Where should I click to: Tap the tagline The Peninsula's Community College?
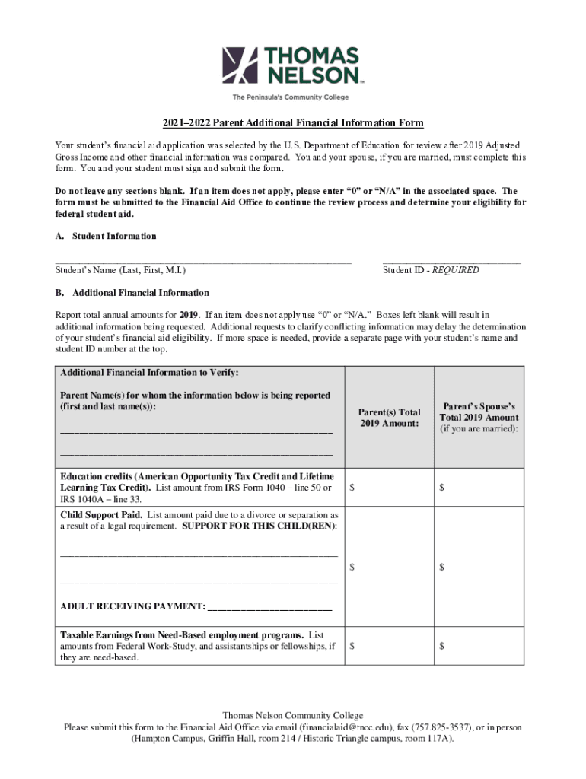pyautogui.click(x=290, y=97)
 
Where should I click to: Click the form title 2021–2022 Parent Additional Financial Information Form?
pyautogui.click(x=291, y=123)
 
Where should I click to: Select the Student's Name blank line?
pyautogui.click(x=203, y=261)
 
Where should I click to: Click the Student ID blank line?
pyautogui.click(x=451, y=261)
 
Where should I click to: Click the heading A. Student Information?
pyautogui.click(x=106, y=236)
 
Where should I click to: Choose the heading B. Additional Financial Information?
pyautogui.click(x=132, y=293)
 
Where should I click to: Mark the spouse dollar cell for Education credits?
pyautogui.click(x=479, y=488)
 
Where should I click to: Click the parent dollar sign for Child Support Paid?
pyautogui.click(x=352, y=567)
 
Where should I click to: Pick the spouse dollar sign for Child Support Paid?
pyautogui.click(x=441, y=567)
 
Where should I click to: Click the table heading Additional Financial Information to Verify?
pyautogui.click(x=149, y=373)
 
